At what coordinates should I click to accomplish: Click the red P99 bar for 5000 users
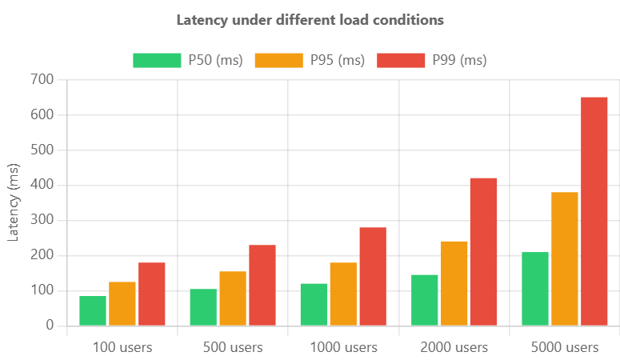click(594, 211)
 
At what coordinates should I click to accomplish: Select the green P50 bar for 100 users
click(93, 310)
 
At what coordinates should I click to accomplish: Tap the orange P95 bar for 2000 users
click(454, 283)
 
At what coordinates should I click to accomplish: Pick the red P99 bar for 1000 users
click(373, 276)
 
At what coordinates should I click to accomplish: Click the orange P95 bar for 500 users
click(233, 298)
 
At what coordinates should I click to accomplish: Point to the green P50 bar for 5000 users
click(535, 289)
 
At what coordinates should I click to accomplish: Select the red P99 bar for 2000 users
click(483, 251)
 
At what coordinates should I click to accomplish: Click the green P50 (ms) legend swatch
click(157, 60)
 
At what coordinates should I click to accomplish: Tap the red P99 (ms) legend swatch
click(401, 60)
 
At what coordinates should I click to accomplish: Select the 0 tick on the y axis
click(50, 325)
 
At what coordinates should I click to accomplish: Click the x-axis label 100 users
click(122, 347)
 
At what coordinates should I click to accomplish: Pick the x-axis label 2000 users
click(454, 347)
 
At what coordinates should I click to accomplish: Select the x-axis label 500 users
click(233, 347)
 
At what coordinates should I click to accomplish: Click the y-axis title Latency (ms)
click(14, 202)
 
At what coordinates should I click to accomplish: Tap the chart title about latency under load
click(310, 18)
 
